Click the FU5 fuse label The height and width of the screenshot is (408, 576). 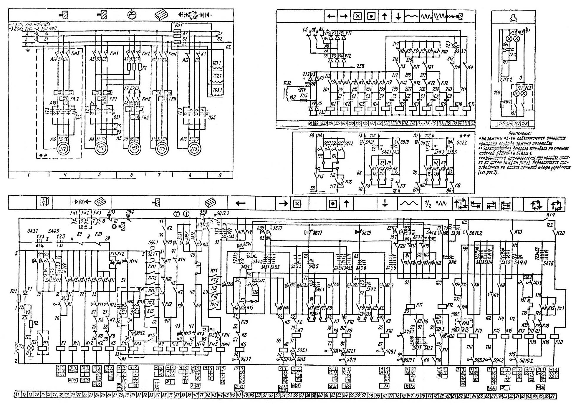click(304, 96)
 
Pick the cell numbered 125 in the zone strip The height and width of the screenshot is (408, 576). click(501, 124)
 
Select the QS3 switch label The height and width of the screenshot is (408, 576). click(211, 118)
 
